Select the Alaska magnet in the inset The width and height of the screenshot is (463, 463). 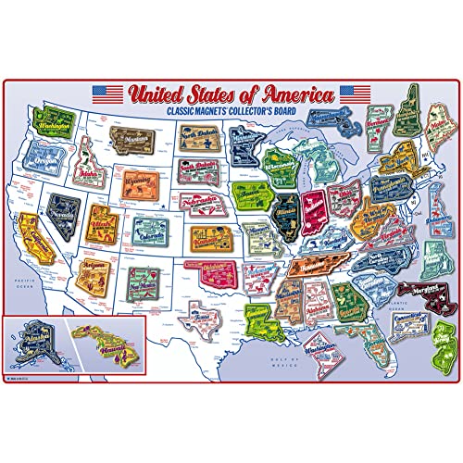coord(37,348)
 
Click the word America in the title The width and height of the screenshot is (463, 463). coord(295,94)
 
